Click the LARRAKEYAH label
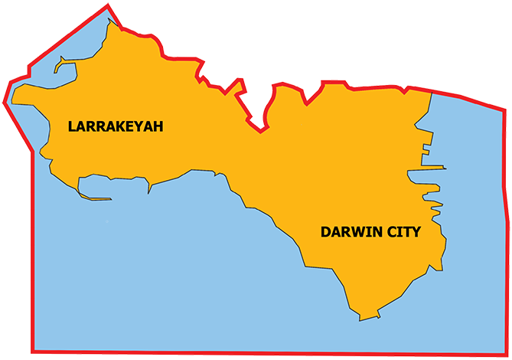pos(116,126)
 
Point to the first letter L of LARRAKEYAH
pos(71,126)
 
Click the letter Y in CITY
pos(416,231)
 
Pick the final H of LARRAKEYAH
pos(158,126)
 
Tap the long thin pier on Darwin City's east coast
pos(433,167)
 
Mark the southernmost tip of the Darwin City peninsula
pos(360,319)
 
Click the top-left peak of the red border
pos(108,7)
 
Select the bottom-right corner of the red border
pos(506,354)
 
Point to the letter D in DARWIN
pos(325,231)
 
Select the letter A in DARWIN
pos(335,231)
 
